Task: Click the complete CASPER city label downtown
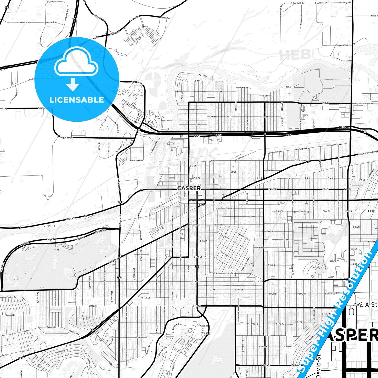coord(189,188)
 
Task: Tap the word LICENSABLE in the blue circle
coord(77,100)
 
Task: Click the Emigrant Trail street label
coord(342,45)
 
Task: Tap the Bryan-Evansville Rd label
coord(364,104)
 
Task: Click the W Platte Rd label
coord(136,160)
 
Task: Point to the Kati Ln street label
coord(169,121)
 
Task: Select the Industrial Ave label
coord(160,206)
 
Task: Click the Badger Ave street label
coord(244,236)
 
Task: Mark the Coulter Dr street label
coord(11,297)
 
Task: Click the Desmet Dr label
coord(11,315)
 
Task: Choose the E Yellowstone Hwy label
coord(367,153)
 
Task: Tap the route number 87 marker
coord(135,122)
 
